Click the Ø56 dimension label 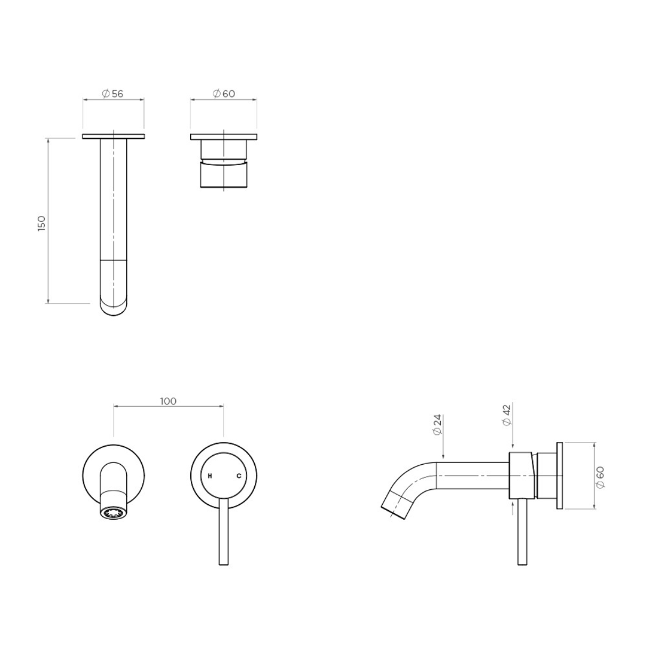[x=112, y=93]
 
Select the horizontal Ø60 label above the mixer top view [x=224, y=93]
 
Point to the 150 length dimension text [x=41, y=223]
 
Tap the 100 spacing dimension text [x=168, y=401]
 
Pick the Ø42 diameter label [x=507, y=415]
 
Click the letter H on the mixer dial [x=209, y=476]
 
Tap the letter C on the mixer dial [x=239, y=476]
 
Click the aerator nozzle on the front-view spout [x=114, y=513]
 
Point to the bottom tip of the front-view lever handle [x=224, y=563]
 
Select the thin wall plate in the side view [x=559, y=476]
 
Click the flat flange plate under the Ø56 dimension [x=113, y=136]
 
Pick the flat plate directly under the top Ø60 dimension [x=224, y=137]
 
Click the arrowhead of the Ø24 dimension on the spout [x=442, y=458]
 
